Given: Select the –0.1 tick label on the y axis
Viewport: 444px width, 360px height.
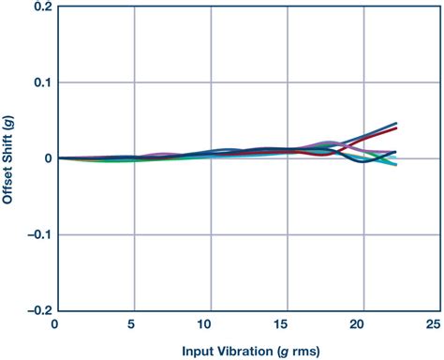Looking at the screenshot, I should tap(37, 234).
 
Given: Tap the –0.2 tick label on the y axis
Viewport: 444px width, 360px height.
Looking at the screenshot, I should tap(37, 310).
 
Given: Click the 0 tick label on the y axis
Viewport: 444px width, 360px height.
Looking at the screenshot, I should tap(46, 158).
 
